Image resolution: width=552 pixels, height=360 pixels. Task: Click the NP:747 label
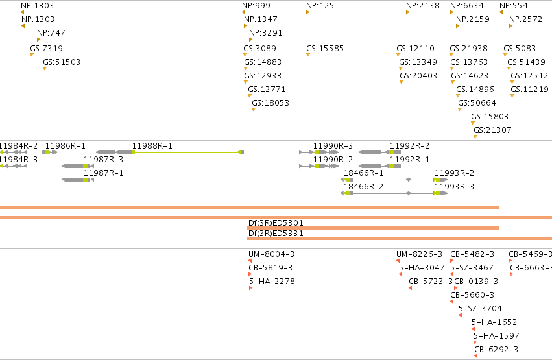51,32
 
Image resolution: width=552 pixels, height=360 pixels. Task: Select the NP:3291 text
266,32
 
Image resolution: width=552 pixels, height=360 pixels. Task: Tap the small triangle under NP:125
307,12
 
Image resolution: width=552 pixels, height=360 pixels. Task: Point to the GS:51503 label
62,62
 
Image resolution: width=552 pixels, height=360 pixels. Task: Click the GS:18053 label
270,102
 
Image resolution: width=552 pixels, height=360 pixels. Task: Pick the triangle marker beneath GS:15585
308,55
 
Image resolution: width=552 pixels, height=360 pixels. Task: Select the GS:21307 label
492,130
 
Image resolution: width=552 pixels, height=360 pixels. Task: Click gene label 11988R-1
152,146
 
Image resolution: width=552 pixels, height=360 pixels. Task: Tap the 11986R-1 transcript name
65,146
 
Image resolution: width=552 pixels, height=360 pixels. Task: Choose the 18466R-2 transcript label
363,187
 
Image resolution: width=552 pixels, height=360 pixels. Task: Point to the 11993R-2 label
454,173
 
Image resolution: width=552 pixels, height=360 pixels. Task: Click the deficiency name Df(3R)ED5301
276,222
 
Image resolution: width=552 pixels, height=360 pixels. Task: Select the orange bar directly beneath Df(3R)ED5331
400,239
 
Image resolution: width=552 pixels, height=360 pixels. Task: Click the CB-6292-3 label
496,350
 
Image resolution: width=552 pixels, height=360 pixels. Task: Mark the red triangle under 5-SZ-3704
460,315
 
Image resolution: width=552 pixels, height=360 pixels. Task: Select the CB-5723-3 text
431,281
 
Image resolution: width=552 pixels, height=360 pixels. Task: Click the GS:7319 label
47,48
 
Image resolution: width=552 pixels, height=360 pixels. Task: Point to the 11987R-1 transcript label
104,173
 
